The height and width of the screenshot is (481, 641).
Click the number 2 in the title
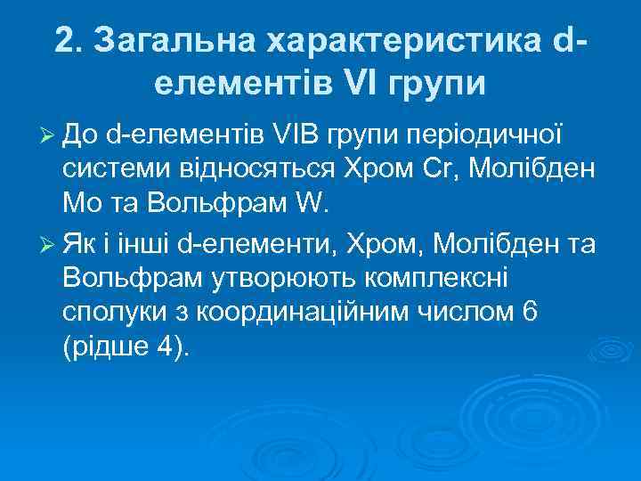point(63,39)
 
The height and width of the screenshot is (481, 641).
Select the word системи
point(111,169)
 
